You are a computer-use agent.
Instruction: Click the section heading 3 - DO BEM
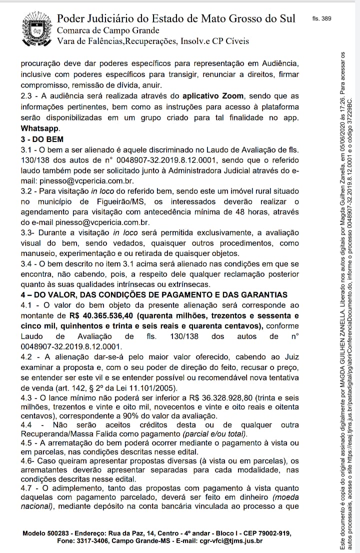(x=42, y=139)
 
